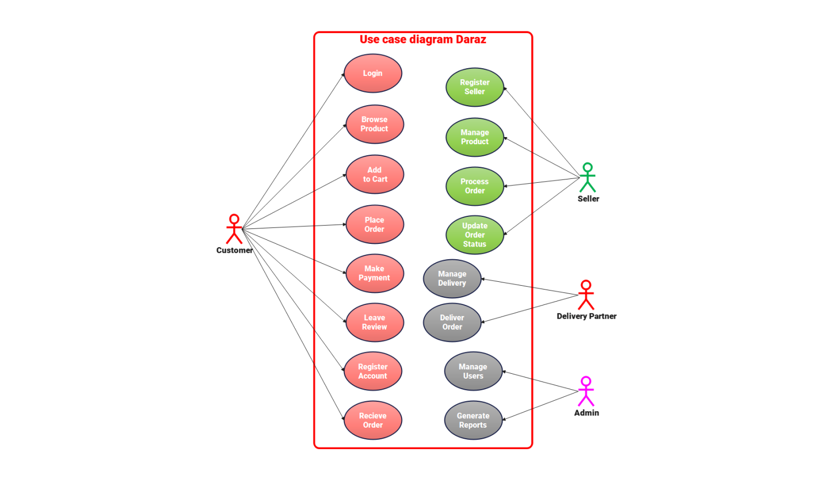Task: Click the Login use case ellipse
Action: (x=373, y=73)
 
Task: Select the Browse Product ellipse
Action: (x=375, y=124)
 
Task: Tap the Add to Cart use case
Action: (x=375, y=174)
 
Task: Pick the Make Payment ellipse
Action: (x=375, y=273)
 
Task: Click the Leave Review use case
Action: (x=375, y=322)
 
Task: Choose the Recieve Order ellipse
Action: (x=373, y=420)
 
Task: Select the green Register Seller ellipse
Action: (x=475, y=87)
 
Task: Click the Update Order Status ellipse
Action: (x=475, y=235)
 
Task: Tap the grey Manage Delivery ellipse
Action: (x=452, y=279)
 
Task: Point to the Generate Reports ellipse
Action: (x=473, y=420)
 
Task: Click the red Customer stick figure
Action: (x=234, y=229)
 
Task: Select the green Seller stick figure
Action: (x=588, y=177)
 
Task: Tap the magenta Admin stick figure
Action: (x=586, y=391)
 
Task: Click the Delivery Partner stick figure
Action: (x=586, y=295)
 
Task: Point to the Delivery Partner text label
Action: (x=586, y=316)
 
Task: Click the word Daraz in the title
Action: (x=471, y=40)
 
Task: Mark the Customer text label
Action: (x=234, y=250)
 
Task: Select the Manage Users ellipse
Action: (x=473, y=371)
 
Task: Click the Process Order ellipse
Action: (x=475, y=186)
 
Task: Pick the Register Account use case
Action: (x=373, y=371)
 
